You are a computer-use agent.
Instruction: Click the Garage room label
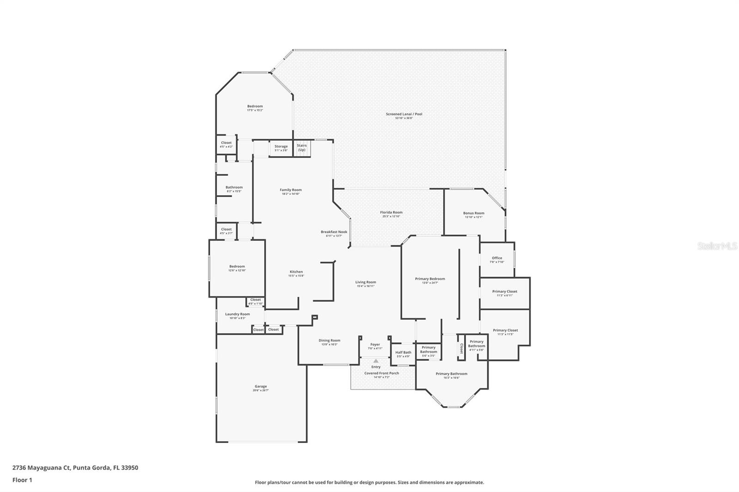260,386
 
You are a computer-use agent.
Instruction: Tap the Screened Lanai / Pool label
404,114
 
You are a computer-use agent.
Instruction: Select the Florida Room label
391,212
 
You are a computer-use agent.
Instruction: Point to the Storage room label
281,146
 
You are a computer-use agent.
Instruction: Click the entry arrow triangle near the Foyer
376,361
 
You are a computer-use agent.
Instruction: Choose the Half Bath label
403,352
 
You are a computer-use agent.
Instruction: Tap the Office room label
497,258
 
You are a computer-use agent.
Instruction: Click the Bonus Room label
473,213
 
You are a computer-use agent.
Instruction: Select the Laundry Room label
237,314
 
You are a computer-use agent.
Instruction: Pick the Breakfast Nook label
334,232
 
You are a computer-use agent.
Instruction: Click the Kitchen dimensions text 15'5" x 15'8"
296,276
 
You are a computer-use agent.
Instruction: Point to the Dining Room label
329,341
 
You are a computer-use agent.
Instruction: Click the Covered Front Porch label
382,373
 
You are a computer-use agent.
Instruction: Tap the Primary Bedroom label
430,279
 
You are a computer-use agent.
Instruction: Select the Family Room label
291,190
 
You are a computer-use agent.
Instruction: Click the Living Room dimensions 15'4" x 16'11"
365,286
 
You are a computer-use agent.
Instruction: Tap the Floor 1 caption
22,480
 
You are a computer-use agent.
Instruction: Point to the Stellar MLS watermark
717,246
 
